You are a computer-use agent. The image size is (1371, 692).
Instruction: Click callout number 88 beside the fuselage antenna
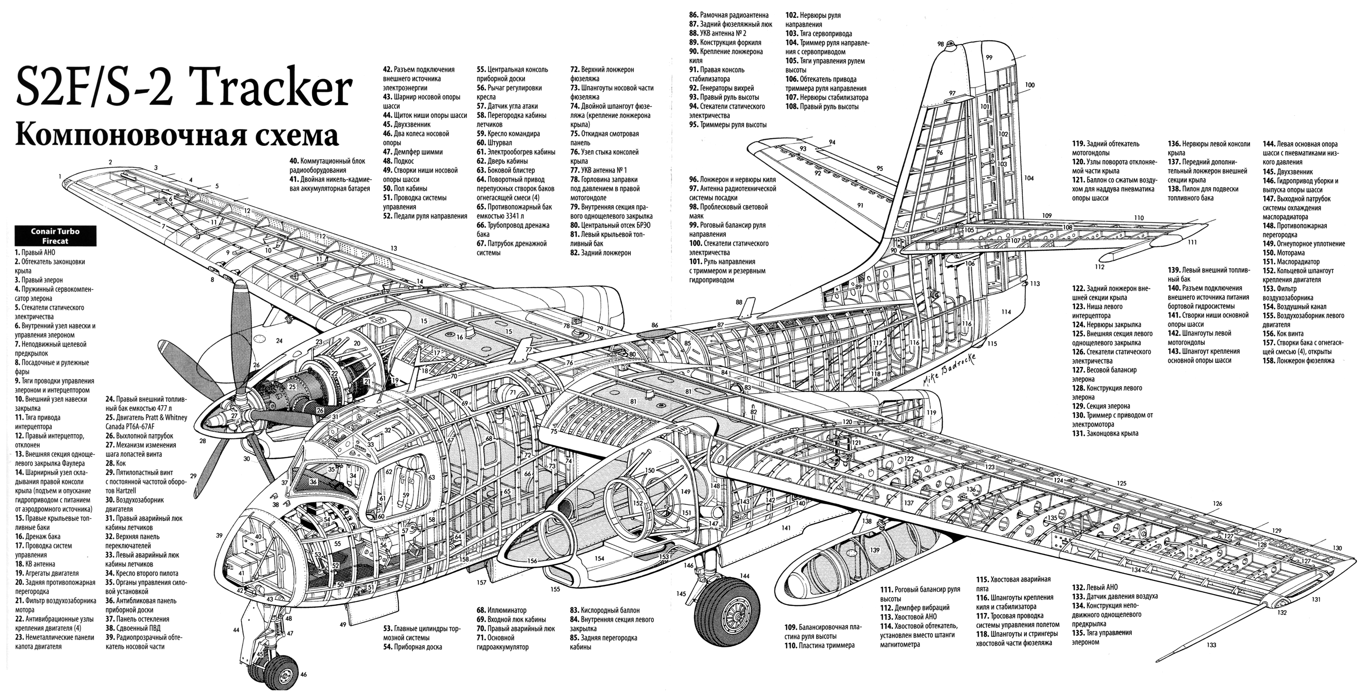click(x=739, y=302)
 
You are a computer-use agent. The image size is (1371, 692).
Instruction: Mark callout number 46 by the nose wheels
click(x=303, y=674)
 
